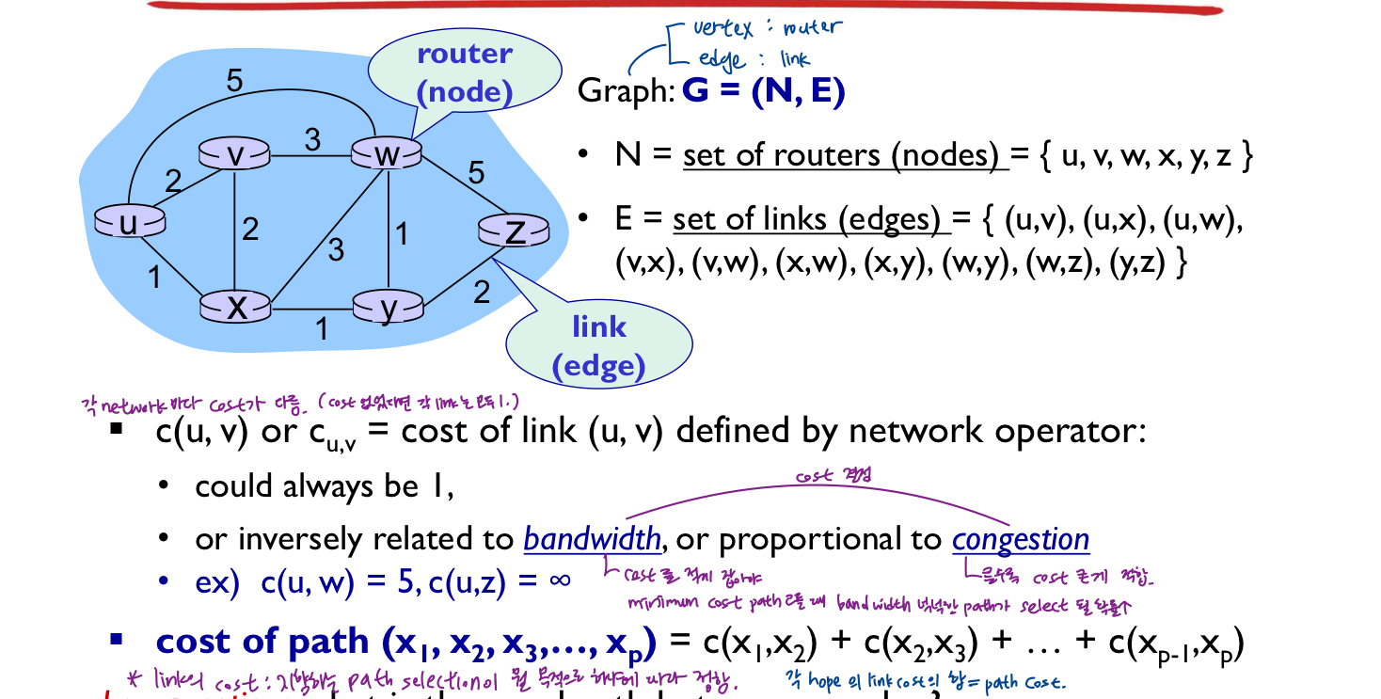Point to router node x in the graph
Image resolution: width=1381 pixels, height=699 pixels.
[x=235, y=307]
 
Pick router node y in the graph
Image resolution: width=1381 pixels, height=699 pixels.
[x=388, y=308]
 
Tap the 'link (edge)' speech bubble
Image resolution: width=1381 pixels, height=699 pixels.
[x=598, y=346]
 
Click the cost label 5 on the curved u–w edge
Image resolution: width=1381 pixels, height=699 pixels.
[x=234, y=81]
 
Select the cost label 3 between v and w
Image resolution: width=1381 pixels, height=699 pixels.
[x=311, y=139]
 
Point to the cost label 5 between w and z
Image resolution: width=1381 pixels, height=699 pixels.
[x=476, y=173]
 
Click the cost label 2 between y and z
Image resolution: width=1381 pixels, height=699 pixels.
[x=481, y=293]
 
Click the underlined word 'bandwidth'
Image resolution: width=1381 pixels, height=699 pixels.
[x=593, y=539]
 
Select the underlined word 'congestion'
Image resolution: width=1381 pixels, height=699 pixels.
[x=1021, y=540]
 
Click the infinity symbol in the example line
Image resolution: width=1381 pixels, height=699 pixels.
[x=559, y=580]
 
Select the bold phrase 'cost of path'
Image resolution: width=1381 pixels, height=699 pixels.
[x=263, y=641]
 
